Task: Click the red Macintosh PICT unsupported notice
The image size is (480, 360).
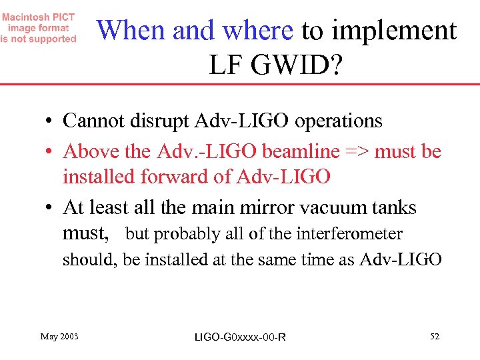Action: point(39,28)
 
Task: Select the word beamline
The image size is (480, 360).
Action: point(301,151)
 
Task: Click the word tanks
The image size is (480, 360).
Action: point(394,207)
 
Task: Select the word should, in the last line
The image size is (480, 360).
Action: point(90,259)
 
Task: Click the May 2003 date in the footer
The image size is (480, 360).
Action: point(59,336)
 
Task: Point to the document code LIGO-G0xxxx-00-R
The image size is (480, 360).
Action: point(239,337)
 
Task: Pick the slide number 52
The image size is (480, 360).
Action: point(434,336)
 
